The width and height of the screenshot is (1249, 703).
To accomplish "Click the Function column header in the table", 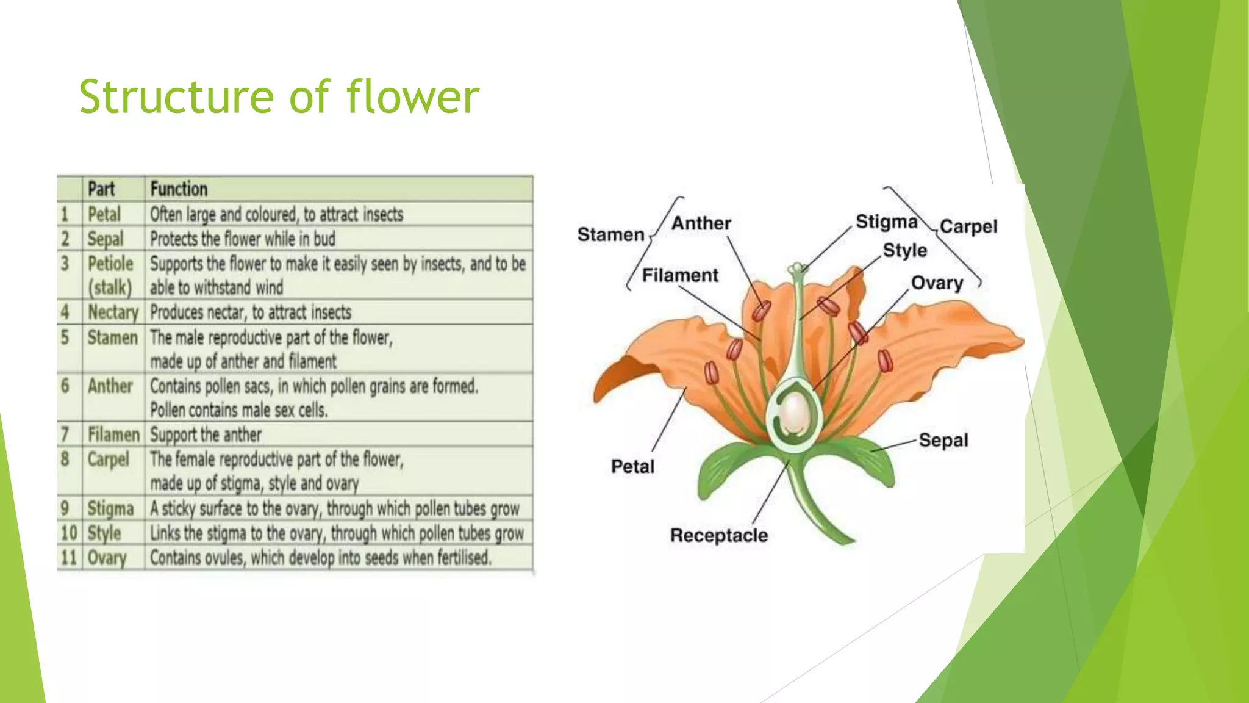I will [x=179, y=189].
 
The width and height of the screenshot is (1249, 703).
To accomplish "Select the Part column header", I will [x=101, y=189].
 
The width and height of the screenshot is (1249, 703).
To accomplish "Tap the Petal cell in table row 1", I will [x=104, y=214].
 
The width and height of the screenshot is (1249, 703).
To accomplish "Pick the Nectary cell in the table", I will [x=113, y=312].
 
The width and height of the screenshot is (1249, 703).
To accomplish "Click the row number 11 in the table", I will [x=68, y=558].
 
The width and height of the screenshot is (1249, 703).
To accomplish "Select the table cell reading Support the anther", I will [x=206, y=434].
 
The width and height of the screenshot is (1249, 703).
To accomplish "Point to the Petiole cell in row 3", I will [x=110, y=264].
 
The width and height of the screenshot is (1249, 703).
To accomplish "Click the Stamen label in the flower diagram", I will [x=610, y=234].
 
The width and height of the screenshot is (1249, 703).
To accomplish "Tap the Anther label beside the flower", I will [x=701, y=223].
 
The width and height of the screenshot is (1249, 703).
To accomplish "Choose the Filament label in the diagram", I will [x=679, y=275].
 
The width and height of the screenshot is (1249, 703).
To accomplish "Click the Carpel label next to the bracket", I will [x=968, y=226].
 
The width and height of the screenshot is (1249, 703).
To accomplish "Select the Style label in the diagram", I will [x=904, y=250].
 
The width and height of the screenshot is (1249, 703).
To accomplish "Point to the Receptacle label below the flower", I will [x=718, y=535].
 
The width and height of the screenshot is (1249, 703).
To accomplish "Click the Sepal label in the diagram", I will [x=943, y=440].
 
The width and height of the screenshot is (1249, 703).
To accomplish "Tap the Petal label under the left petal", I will [x=632, y=466].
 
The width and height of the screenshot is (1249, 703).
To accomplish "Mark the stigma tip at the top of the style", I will [x=796, y=269].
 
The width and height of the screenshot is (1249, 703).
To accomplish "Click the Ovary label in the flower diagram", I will [x=937, y=283].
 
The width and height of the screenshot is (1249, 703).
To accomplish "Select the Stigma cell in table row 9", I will [x=110, y=508].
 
